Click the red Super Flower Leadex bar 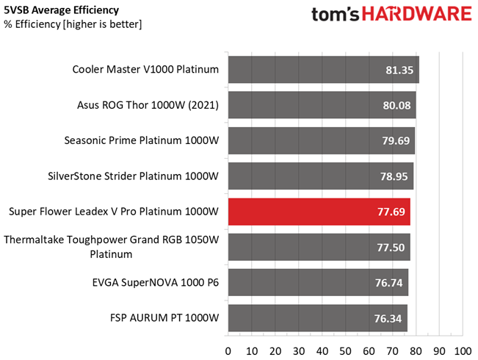pyautogui.click(x=319, y=212)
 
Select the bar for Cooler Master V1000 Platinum pyautogui.click(x=323, y=70)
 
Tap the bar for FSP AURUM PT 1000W pyautogui.click(x=317, y=318)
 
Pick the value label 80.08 pyautogui.click(x=396, y=105)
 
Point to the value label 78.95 pyautogui.click(x=394, y=176)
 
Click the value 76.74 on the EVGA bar pyautogui.click(x=389, y=283)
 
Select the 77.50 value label pyautogui.click(x=391, y=248)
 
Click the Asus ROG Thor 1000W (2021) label pyautogui.click(x=148, y=105)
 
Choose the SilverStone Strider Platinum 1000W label pyautogui.click(x=133, y=176)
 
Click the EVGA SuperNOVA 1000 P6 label pyautogui.click(x=156, y=283)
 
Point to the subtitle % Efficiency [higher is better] pyautogui.click(x=73, y=24)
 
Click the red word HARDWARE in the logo pyautogui.click(x=407, y=15)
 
